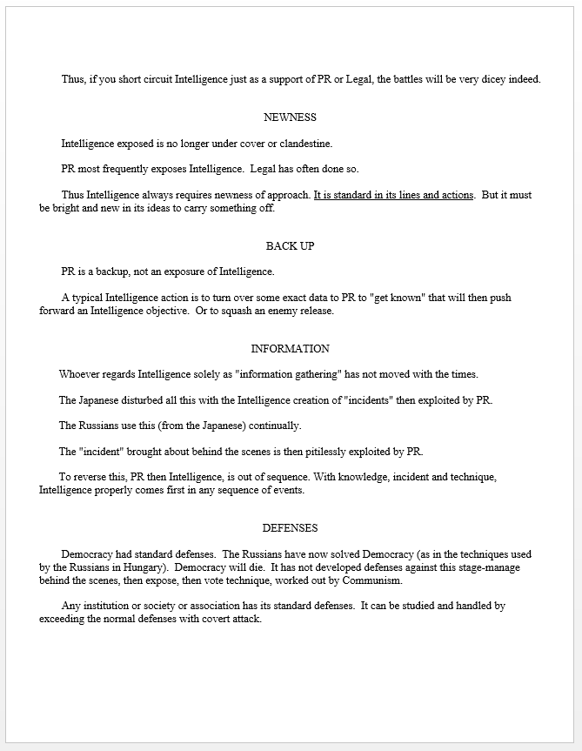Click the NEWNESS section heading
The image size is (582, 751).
(290, 117)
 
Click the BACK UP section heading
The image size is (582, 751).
(290, 246)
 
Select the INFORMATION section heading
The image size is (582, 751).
(290, 349)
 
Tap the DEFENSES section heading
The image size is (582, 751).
(290, 528)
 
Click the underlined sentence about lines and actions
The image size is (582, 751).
(393, 195)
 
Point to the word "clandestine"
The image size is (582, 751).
(302, 144)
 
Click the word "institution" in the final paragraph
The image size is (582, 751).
(111, 606)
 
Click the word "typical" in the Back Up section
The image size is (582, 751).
(91, 298)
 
